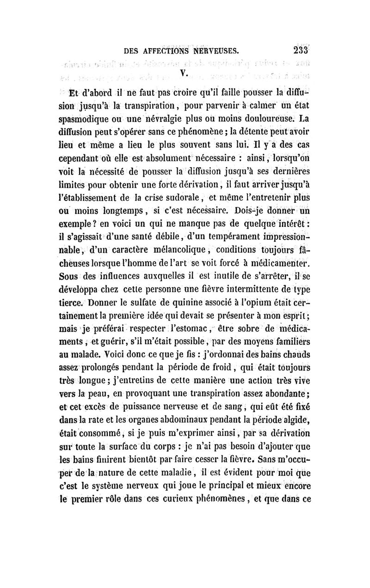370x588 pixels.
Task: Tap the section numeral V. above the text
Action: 184,72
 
